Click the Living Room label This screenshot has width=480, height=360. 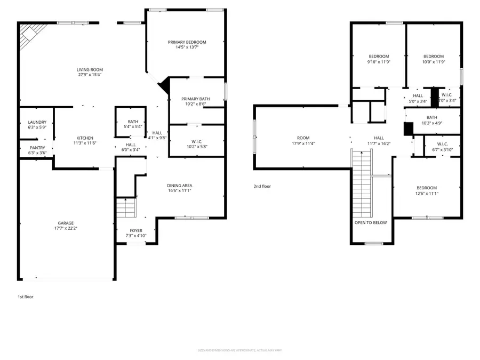(90, 69)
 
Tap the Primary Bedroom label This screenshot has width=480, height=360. (187, 42)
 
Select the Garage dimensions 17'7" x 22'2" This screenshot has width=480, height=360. (66, 228)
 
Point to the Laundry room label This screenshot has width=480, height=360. (37, 122)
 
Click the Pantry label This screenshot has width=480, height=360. (37, 148)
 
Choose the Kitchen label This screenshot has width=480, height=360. (85, 138)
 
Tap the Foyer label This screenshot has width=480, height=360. (135, 230)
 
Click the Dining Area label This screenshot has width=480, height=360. (179, 185)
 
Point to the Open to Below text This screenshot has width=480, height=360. (371, 222)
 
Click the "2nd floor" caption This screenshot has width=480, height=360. (262, 186)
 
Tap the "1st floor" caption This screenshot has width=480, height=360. (25, 297)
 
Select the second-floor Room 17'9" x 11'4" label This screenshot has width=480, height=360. (303, 138)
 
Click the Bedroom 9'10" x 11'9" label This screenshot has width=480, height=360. (379, 57)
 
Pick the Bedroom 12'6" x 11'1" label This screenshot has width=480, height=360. (427, 188)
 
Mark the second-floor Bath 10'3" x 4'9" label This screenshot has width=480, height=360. (431, 118)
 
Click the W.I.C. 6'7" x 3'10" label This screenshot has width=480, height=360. (442, 143)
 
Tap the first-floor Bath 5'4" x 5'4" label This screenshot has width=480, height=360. (133, 122)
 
